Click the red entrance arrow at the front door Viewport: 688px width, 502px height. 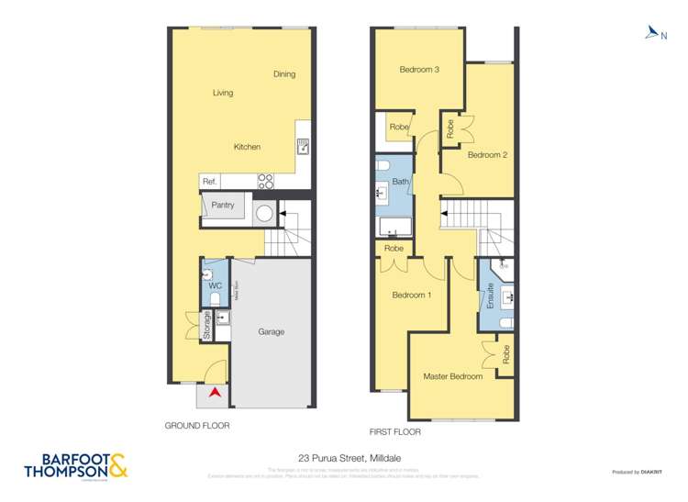point(215,393)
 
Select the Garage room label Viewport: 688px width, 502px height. point(271,331)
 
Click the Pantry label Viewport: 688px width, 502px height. point(223,206)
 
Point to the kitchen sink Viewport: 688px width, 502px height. point(303,145)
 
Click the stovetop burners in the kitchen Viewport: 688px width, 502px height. point(265,182)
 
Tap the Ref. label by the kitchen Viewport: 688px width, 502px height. point(209,183)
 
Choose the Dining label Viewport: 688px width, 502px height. point(284,74)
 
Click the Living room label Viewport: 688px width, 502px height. point(223,93)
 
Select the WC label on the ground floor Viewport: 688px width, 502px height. point(216,286)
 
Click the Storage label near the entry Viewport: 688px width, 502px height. point(207,327)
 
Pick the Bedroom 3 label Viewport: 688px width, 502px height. point(417,70)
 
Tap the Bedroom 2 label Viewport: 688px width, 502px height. point(487,155)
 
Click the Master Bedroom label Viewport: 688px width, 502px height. point(452,377)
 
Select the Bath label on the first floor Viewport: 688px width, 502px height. point(401,182)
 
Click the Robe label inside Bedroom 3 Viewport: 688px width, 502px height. point(399,127)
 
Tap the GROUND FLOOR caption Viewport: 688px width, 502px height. point(197,426)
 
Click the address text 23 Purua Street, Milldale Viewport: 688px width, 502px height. point(344,457)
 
